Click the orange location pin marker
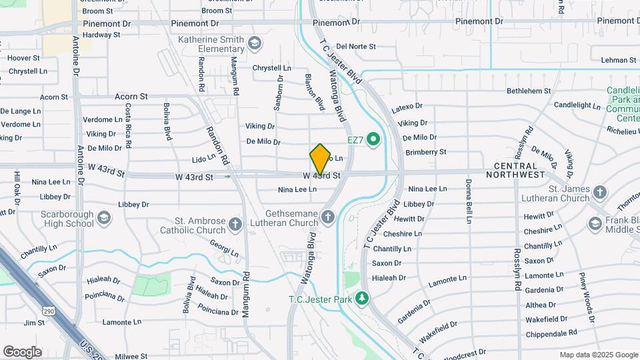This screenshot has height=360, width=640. click(320, 159)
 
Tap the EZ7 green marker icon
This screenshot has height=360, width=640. click(373, 140)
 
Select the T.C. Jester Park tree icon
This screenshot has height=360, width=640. click(362, 298)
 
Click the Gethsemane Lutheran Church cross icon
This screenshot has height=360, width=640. click(327, 217)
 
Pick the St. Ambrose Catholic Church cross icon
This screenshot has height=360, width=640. click(235, 225)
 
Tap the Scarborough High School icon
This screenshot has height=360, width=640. click(103, 217)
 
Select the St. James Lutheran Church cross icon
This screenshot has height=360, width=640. click(600, 193)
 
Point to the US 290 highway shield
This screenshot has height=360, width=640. click(47, 311)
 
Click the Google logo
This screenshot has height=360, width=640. click(22, 351)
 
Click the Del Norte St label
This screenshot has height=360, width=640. click(357, 47)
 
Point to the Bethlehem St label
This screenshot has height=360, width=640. click(529, 91)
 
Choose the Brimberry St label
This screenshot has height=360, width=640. click(425, 152)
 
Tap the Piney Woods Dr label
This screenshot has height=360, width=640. click(586, 297)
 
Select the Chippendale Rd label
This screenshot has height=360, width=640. click(551, 333)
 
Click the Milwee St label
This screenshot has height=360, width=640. click(131, 357)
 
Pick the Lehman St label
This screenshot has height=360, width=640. click(614, 60)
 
